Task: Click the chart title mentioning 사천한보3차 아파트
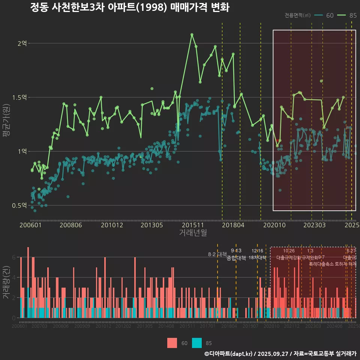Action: click(x=129, y=7)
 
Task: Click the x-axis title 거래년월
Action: click(x=193, y=233)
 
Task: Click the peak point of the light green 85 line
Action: click(x=192, y=34)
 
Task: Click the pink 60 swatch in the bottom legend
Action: click(x=172, y=343)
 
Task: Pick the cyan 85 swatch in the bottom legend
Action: click(x=197, y=343)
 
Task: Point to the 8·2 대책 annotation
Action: click(x=217, y=254)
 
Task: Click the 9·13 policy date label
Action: click(x=236, y=250)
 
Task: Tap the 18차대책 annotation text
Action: click(x=257, y=258)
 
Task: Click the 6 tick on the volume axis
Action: click(x=13, y=257)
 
